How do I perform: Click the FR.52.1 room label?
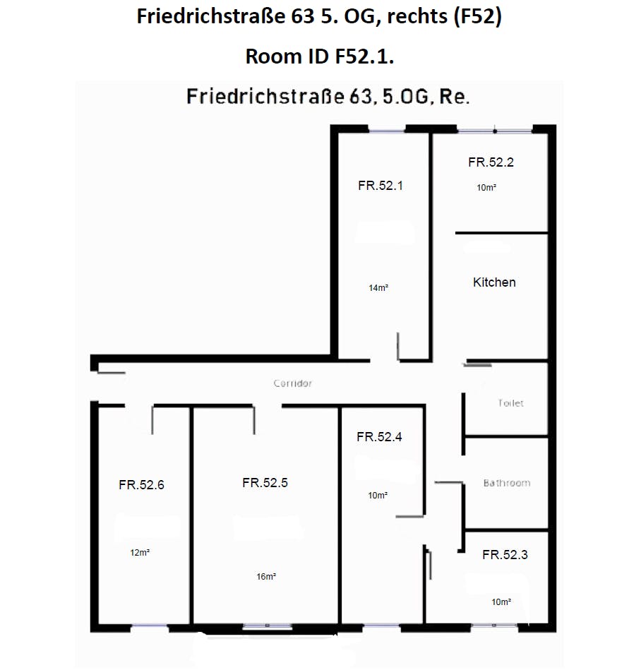pos(381,186)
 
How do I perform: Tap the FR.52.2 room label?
pos(491,162)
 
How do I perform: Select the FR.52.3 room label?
pos(505,554)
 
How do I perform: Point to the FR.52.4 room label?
pos(379,436)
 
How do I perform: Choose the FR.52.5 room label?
pos(265,482)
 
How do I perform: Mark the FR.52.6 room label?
pos(141,484)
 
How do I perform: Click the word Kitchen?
pos(494,282)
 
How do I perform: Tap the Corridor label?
pos(293,383)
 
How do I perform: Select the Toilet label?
pos(510,403)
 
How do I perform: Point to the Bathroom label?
pos(507,483)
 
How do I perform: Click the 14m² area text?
pos(378,287)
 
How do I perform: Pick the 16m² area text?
pos(266,576)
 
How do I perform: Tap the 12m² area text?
pos(140,553)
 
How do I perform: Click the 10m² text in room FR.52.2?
pos(486,187)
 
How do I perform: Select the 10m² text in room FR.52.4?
pos(378,495)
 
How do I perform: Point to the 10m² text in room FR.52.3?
pos(501,602)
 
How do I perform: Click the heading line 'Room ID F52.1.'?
pos(320,56)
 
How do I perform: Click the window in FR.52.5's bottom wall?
pos(268,626)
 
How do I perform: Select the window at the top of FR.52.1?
pos(387,131)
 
